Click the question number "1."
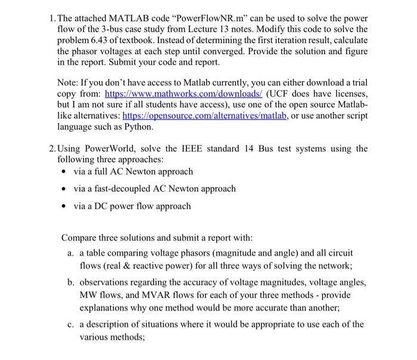click(51, 18)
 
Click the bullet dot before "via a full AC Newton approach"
click(64, 172)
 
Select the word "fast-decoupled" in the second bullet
click(109, 189)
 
